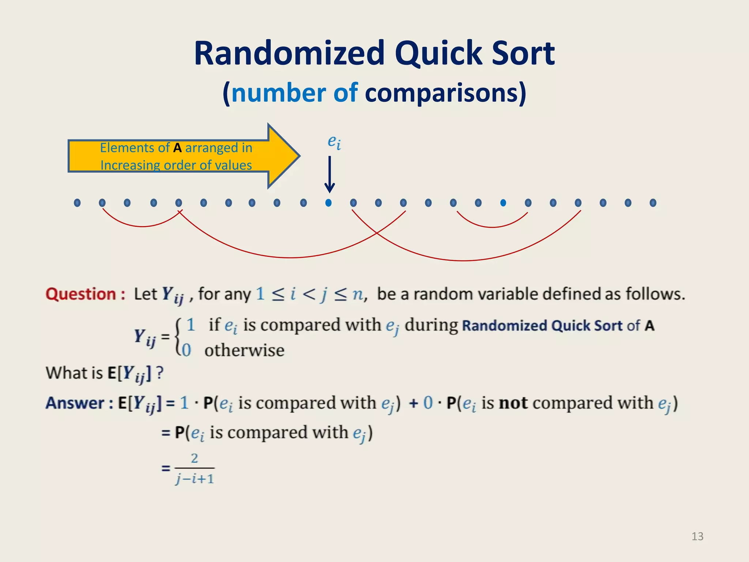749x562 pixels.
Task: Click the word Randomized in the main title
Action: coord(289,54)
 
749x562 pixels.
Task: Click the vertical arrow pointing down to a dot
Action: coord(330,174)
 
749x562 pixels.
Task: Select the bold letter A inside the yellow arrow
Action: coord(177,148)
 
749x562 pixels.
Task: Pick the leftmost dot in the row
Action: coord(77,203)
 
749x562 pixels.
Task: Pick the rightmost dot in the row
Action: coord(653,203)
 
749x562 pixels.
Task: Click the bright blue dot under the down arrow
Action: coord(328,203)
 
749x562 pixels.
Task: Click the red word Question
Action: coord(81,294)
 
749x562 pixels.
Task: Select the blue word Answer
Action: coord(75,403)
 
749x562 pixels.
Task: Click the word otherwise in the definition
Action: coord(244,351)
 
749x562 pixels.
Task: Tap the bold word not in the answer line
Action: coord(513,403)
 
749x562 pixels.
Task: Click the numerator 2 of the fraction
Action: coord(195,458)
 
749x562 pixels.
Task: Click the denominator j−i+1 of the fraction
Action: coord(195,479)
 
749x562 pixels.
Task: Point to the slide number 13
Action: coord(697,536)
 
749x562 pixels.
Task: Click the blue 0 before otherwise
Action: coord(187,351)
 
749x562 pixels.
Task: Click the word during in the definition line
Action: coord(431,325)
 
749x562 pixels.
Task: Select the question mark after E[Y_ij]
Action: coord(159,373)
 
